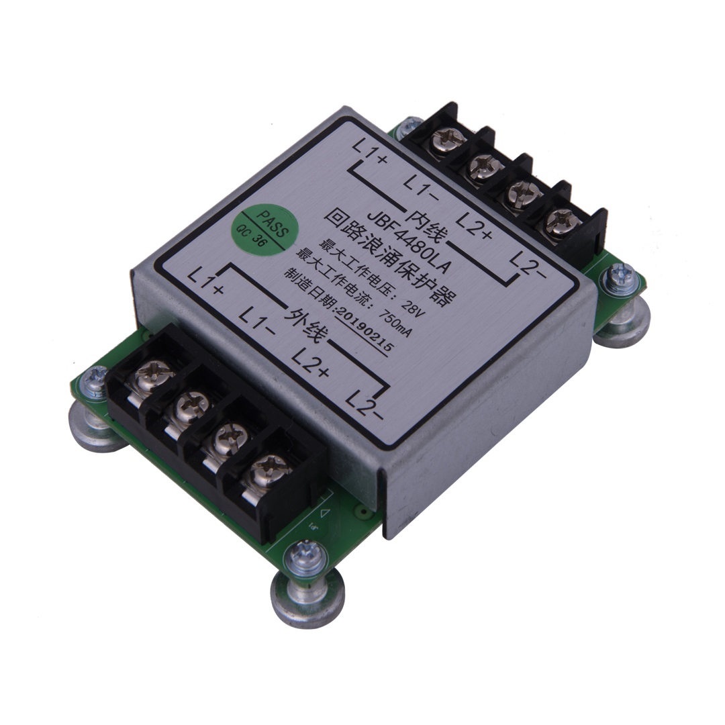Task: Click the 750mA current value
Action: coord(395,320)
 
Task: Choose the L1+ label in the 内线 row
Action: coord(369,152)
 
